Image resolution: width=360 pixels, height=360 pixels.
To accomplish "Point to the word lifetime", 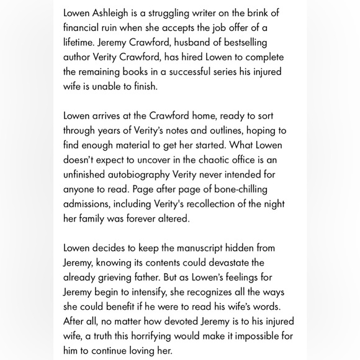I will (80, 43).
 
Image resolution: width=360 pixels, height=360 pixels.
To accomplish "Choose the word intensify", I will (164, 292).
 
